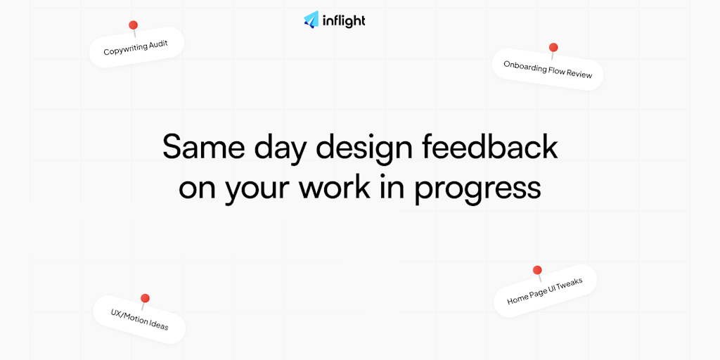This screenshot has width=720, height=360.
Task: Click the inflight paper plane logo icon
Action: [x=311, y=20]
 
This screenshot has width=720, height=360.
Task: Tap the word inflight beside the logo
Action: [x=343, y=20]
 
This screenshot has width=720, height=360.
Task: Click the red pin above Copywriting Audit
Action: [x=133, y=25]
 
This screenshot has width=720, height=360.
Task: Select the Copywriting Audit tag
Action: [x=136, y=47]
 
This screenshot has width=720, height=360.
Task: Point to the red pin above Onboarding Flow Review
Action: [x=553, y=47]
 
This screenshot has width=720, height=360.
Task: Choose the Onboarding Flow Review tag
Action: [x=547, y=70]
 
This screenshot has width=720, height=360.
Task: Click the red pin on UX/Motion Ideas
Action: [x=145, y=298]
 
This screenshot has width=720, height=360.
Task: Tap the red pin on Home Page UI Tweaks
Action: [x=537, y=270]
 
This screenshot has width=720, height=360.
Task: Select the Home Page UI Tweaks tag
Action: [x=545, y=290]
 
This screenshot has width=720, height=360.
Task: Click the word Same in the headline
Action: [x=197, y=147]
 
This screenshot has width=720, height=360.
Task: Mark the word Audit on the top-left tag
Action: [x=157, y=46]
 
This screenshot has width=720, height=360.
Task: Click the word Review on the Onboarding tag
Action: [x=579, y=73]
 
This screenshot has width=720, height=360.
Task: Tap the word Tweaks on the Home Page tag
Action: [x=570, y=285]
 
